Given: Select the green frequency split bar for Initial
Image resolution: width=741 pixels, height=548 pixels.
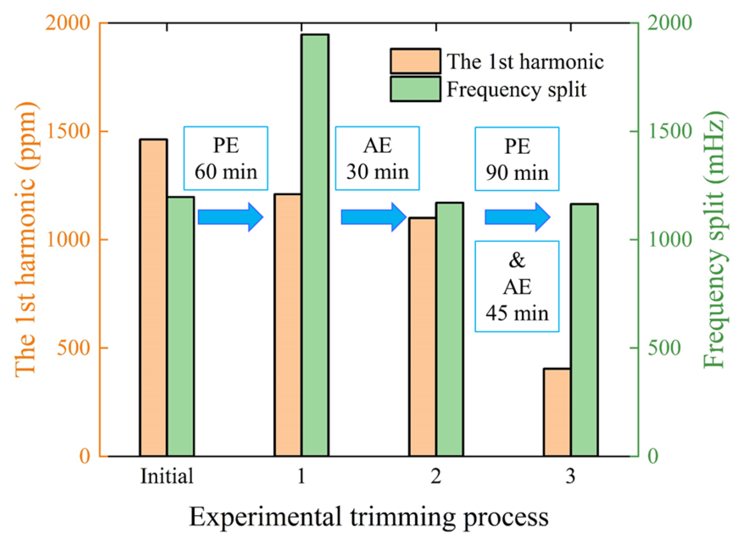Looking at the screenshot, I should click(x=181, y=327).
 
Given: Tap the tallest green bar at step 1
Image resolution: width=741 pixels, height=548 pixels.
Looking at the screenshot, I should click(x=315, y=245).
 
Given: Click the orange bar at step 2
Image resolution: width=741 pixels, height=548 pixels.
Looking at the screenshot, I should click(x=423, y=337).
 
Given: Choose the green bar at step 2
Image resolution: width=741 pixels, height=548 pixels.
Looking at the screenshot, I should click(x=450, y=329).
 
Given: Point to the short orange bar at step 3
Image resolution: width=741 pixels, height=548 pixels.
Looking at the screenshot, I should click(x=557, y=412).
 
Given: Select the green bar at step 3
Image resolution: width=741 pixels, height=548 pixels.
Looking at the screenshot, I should click(x=584, y=330).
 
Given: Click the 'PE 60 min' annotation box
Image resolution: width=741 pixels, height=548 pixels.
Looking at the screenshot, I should click(x=226, y=158).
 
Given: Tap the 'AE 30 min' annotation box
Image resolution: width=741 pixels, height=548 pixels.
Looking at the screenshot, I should click(x=377, y=158).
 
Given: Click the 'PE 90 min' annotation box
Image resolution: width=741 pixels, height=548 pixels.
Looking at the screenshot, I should click(x=517, y=159).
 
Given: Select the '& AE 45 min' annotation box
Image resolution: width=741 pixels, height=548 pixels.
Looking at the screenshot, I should click(x=517, y=287).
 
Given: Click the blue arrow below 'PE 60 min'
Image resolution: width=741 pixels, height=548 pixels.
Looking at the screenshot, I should click(x=230, y=217).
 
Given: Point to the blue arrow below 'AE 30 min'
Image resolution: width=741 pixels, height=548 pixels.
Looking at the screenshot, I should click(x=373, y=217).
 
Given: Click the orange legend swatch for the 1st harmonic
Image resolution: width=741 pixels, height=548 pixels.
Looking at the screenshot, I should click(x=415, y=61).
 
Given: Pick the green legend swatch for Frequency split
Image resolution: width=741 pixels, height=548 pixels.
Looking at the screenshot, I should click(x=415, y=89).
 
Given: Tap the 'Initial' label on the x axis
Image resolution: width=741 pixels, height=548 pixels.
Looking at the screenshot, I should click(x=167, y=476).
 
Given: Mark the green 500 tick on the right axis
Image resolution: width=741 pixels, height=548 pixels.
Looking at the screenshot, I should click(x=664, y=348).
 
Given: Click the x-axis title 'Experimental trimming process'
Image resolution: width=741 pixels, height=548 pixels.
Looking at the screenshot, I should click(x=368, y=517).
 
